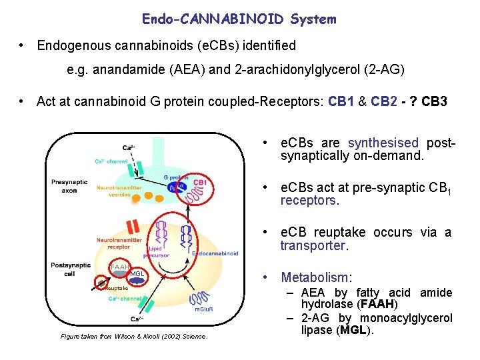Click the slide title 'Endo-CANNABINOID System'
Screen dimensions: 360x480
(x=239, y=19)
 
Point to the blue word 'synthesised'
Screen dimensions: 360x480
(x=383, y=143)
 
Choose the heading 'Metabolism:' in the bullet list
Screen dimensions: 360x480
(x=317, y=277)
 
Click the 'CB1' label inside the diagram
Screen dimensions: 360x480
(x=200, y=181)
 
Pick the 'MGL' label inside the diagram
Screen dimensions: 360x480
(x=137, y=274)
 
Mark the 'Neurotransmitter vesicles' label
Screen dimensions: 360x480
(x=119, y=192)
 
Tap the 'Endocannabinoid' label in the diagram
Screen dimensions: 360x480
(x=215, y=253)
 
